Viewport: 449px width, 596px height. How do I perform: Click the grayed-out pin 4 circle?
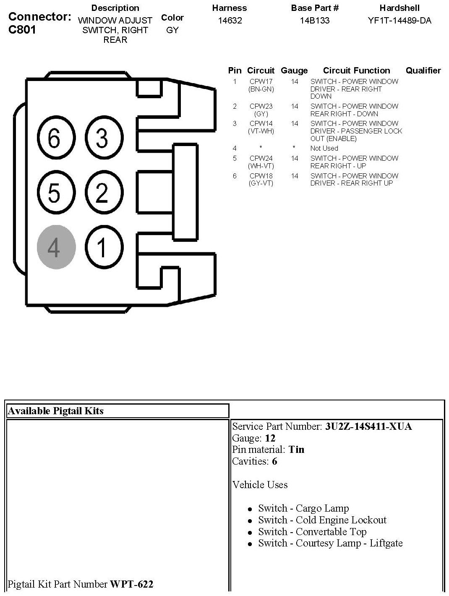coord(56,247)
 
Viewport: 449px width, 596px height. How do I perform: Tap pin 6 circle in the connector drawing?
coord(56,138)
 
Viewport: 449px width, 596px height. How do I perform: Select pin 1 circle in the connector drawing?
coord(104,247)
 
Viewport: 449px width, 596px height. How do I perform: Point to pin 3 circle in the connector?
coord(104,138)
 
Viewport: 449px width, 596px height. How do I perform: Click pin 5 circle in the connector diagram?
coord(56,193)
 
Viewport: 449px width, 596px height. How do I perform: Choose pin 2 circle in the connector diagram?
coord(104,193)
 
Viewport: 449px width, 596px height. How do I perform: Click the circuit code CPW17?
coord(261,81)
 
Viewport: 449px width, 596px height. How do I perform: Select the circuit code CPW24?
coord(261,158)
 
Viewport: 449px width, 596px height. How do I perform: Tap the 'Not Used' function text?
coord(324,148)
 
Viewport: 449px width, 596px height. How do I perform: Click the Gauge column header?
coord(294,71)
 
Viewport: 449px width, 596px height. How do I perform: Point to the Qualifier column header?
coord(423,71)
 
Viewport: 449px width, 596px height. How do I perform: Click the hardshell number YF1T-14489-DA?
coord(399,20)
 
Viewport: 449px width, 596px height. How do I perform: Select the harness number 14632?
coord(230,20)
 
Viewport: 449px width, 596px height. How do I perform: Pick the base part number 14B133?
coord(315,20)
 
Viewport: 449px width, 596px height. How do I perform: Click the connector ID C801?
coord(22,30)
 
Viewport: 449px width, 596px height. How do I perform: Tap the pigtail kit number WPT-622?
coord(131,584)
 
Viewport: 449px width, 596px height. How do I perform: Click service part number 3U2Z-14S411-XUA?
coord(368,426)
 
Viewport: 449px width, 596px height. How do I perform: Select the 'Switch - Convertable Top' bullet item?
coord(312,532)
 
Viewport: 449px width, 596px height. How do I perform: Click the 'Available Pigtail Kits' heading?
coord(55,411)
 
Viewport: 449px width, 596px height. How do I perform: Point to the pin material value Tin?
coord(296,450)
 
